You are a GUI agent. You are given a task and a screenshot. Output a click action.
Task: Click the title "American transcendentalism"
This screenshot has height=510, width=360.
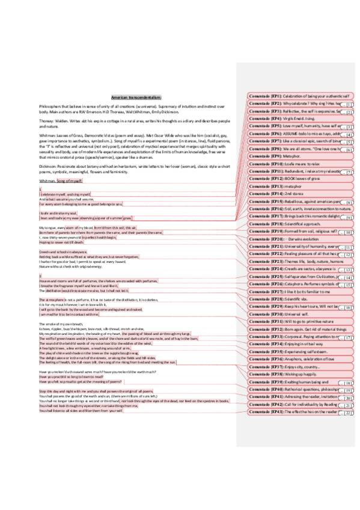[x=136, y=97]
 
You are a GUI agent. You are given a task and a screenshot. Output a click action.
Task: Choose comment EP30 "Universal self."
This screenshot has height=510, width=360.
[x=289, y=314]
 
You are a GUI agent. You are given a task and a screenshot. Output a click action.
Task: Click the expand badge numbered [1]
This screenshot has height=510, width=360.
[x=349, y=105]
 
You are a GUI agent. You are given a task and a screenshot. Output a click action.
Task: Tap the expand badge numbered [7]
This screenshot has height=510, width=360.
[x=349, y=173]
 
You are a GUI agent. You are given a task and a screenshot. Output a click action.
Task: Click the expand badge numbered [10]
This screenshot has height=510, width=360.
[x=349, y=232]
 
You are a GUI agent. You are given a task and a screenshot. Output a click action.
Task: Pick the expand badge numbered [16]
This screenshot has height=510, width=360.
[x=349, y=307]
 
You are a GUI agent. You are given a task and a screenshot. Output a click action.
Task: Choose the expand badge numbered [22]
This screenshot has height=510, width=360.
[x=349, y=413]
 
